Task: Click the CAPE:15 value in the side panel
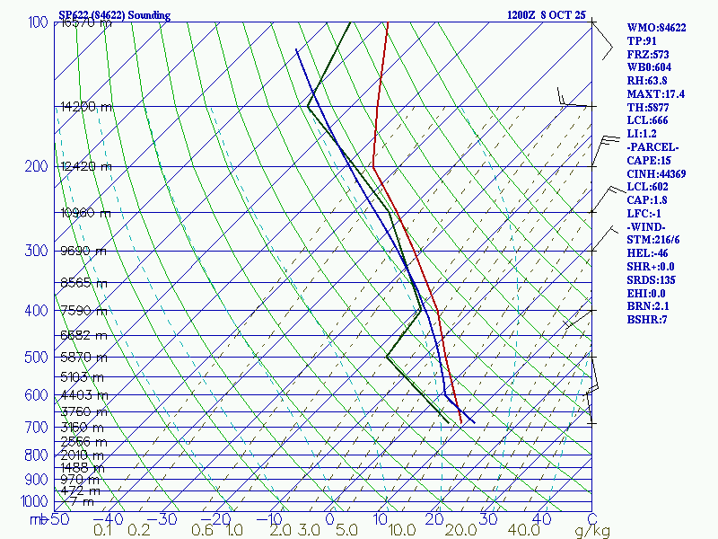(647, 160)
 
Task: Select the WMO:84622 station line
(656, 28)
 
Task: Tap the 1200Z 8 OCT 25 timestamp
(546, 15)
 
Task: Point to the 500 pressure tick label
(37, 358)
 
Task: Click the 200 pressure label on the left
(37, 167)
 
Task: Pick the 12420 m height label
(85, 167)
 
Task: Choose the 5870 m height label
(83, 358)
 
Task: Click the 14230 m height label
(86, 107)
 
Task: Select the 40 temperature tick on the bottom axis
(541, 519)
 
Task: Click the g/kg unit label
(593, 531)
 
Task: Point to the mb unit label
(37, 519)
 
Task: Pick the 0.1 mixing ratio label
(101, 531)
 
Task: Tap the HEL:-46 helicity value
(648, 253)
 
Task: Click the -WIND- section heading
(647, 226)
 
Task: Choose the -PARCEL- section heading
(652, 146)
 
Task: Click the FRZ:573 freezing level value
(648, 54)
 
